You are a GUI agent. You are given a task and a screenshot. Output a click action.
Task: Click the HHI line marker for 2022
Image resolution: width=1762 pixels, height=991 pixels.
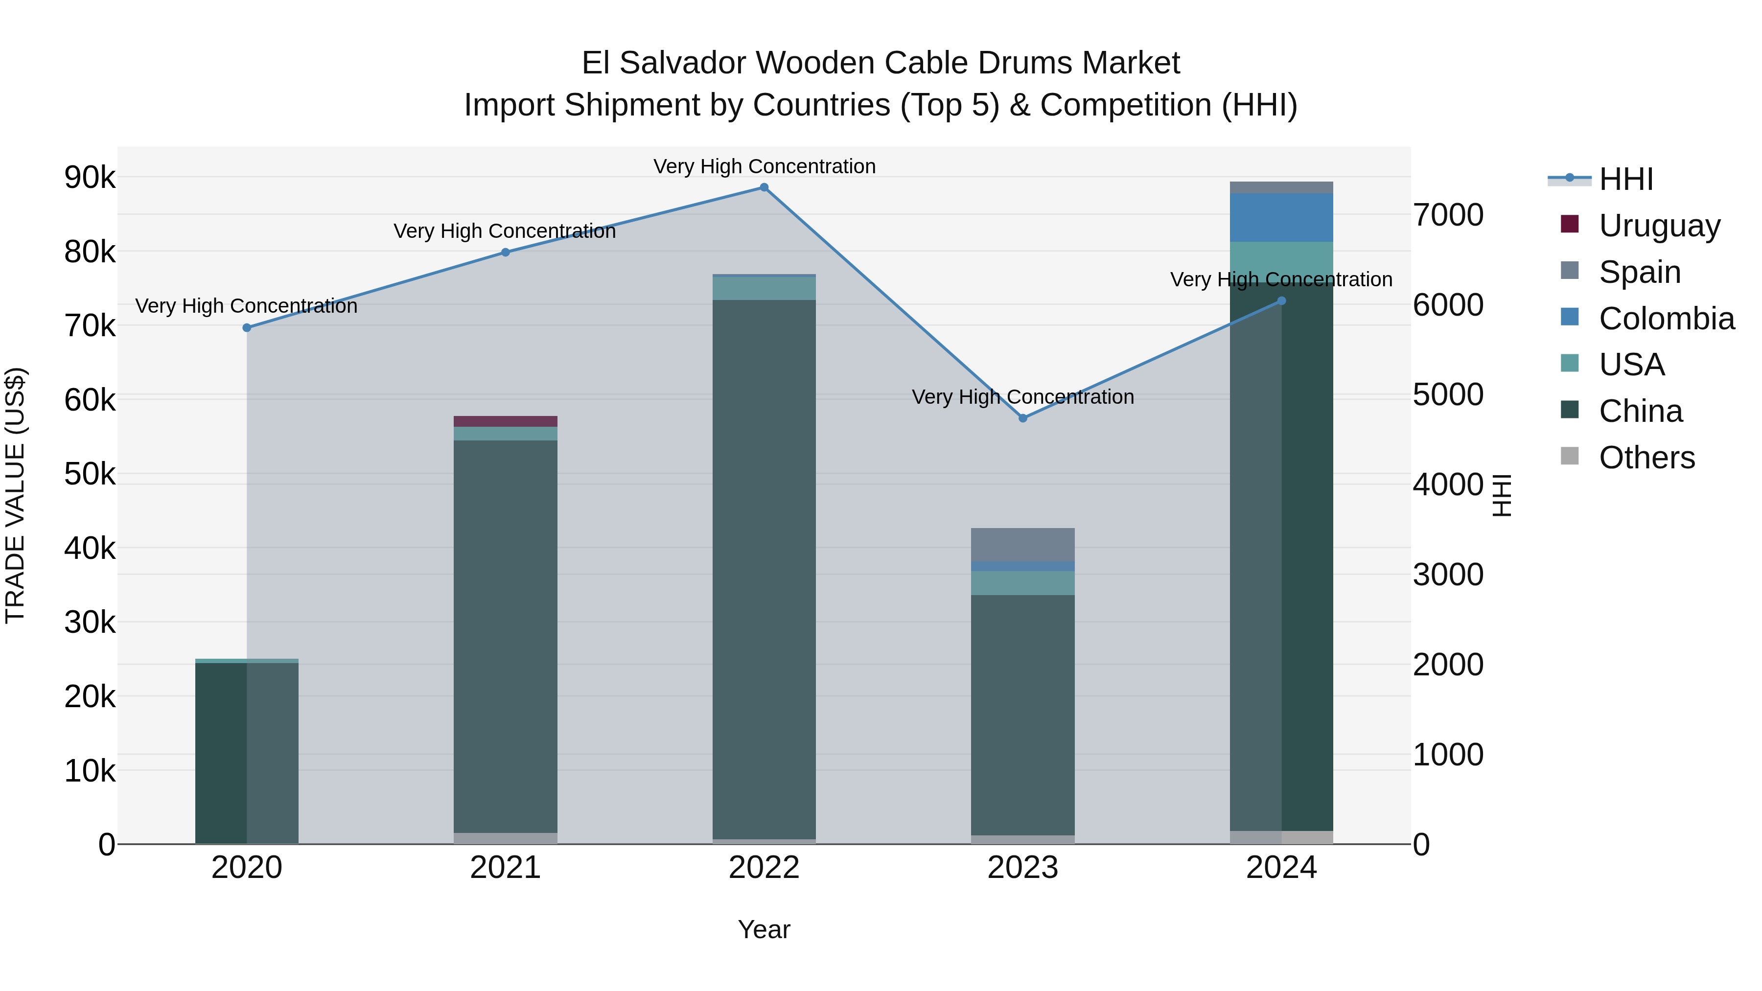coord(764,187)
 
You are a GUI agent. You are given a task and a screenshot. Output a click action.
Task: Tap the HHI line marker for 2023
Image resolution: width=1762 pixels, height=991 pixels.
coord(1022,418)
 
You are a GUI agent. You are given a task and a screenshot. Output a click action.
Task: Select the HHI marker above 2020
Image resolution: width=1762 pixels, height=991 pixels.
coord(247,327)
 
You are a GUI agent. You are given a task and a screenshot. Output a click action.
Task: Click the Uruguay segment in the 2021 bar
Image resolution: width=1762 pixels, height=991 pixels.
coord(506,421)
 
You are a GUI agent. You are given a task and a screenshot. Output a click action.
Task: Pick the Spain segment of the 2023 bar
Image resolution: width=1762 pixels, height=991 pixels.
coord(1022,544)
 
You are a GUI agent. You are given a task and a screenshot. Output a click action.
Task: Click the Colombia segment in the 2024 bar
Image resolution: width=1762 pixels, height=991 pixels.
coord(1281,217)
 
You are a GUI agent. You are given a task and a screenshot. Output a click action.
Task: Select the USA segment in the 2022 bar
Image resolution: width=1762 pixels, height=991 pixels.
coord(764,288)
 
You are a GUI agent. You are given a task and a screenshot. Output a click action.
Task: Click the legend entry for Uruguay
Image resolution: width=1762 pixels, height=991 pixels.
coord(1659,225)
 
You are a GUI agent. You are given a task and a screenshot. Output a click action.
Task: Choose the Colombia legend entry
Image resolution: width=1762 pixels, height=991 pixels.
coord(1666,318)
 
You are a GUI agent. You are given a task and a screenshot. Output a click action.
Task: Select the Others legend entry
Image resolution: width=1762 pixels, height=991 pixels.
coord(1646,457)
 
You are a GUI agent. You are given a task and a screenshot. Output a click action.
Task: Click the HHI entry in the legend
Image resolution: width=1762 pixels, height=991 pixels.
coord(1626,179)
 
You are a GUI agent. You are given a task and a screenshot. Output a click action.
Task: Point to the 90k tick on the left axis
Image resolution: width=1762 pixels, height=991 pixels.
coord(90,177)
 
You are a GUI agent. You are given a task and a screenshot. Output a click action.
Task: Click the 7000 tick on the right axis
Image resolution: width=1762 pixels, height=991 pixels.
coord(1448,215)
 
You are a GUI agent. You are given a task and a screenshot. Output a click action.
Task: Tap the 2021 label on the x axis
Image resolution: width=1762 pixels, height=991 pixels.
coord(506,868)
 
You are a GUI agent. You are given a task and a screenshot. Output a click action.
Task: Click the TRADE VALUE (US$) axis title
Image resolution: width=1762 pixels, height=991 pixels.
coord(16,495)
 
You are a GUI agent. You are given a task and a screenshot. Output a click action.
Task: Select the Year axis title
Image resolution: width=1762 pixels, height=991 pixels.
coord(764,929)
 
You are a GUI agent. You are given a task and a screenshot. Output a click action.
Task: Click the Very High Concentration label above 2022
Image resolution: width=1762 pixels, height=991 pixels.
coord(764,166)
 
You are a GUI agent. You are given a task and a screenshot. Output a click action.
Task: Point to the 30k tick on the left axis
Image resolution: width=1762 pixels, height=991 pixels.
coord(90,622)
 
